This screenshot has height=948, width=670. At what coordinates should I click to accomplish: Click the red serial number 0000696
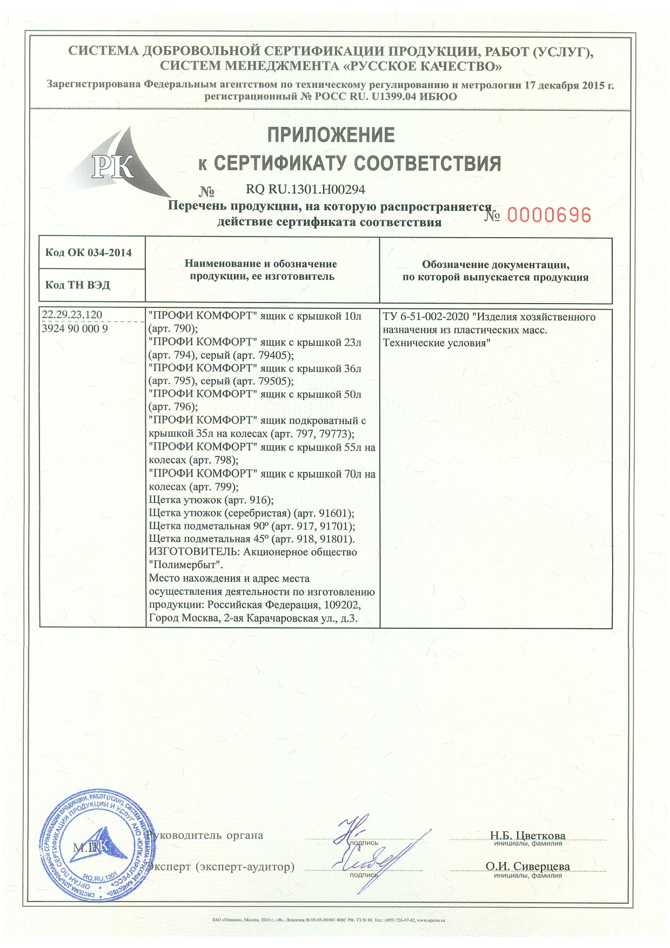point(548,215)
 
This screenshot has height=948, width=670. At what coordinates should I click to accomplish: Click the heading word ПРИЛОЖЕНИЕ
point(331,135)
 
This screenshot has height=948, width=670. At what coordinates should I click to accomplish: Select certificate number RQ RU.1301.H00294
point(305,190)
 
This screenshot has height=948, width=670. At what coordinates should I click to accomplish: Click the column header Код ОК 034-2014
point(89,253)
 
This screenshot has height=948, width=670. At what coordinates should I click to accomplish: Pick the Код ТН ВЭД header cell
point(78,285)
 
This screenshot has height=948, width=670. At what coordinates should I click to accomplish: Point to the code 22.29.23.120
point(72,315)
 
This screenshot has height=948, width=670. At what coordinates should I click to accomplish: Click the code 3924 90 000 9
point(75,328)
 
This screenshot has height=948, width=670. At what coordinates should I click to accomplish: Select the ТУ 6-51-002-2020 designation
point(425,317)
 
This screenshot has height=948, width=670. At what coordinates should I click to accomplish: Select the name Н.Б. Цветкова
point(527,836)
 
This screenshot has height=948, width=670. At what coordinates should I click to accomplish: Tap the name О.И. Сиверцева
point(527,866)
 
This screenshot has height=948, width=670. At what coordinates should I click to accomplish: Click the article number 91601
point(334,513)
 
